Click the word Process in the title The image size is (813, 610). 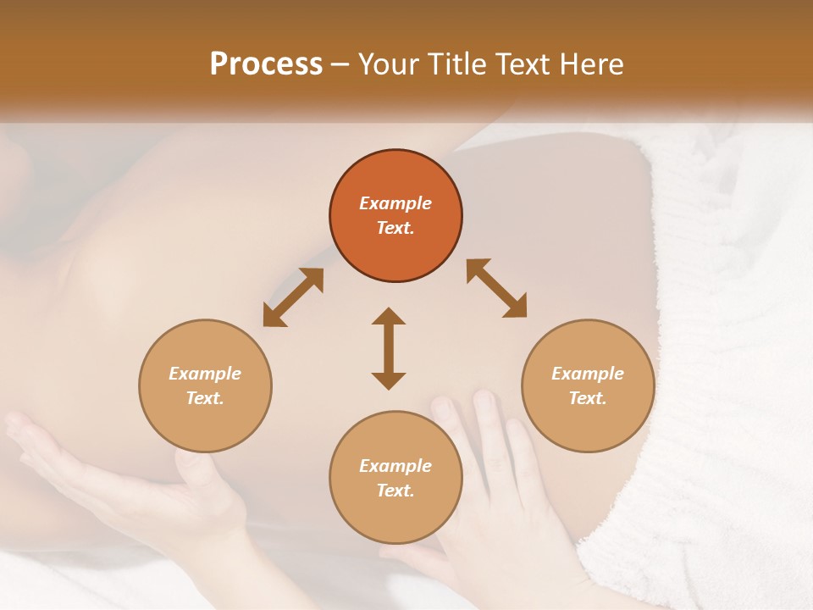(266, 64)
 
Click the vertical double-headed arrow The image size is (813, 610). (389, 348)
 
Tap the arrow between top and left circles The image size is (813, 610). (293, 297)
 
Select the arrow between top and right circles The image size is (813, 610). (496, 288)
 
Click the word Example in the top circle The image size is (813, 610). (395, 203)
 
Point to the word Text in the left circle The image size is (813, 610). (205, 398)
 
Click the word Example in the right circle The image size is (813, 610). (588, 374)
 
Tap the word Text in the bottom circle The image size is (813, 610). (395, 491)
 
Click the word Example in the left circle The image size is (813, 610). (205, 374)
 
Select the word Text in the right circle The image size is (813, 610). (588, 398)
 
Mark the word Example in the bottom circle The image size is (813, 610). (395, 466)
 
